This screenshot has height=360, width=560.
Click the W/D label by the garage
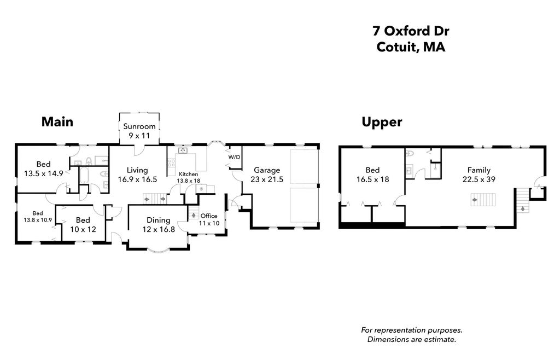coord(234,157)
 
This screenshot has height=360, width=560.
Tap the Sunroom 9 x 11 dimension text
coord(139,136)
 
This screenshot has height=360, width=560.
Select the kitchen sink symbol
coord(183,150)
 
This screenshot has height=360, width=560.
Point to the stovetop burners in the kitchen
coord(171,162)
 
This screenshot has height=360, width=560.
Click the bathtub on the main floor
coord(84,175)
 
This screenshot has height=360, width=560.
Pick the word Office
coord(209,216)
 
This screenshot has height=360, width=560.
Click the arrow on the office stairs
coord(194,216)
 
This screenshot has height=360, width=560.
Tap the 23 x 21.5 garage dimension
coord(267,179)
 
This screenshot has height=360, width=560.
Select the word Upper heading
coord(382,123)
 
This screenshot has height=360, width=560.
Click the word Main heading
coord(57,122)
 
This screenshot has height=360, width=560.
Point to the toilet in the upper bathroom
coord(410,154)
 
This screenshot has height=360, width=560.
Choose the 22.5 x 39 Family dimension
coord(479,179)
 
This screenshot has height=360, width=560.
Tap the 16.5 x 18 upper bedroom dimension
coord(372,179)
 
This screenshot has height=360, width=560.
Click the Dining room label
coord(158,220)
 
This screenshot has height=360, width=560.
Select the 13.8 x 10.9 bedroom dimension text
coord(38,220)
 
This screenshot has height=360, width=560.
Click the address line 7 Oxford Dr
coord(411,31)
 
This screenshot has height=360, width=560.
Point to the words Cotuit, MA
coord(411,47)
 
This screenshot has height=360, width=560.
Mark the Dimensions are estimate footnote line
coord(412,339)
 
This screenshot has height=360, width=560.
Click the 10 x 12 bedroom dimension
coord(83,230)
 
